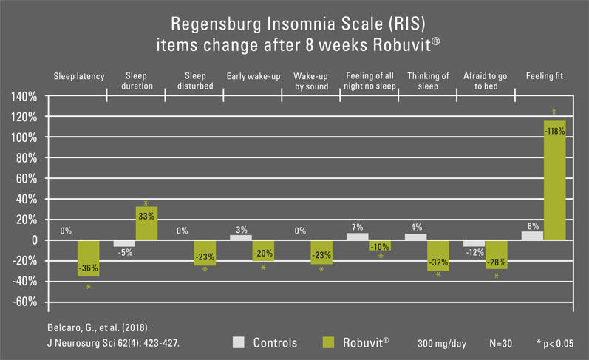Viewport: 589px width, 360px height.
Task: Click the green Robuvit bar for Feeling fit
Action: pos(554,180)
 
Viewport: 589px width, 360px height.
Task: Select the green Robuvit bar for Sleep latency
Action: pos(88,258)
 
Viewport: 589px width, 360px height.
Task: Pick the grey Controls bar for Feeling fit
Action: pos(532,235)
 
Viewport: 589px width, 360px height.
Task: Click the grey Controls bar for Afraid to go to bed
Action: pos(474,243)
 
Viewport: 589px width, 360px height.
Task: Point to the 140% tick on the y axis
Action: pos(24,97)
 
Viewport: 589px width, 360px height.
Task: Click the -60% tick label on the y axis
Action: pos(24,302)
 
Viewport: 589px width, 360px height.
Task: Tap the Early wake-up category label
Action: pos(253,76)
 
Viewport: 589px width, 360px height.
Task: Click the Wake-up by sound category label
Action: pos(310,81)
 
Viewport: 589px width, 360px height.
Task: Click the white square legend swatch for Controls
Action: pos(238,342)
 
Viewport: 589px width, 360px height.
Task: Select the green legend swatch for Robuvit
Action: pos(331,342)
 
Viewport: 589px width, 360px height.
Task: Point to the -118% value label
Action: pos(554,131)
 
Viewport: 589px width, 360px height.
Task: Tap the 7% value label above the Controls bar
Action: pos(357,227)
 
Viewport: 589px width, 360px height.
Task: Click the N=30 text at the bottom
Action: pos(503,343)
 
